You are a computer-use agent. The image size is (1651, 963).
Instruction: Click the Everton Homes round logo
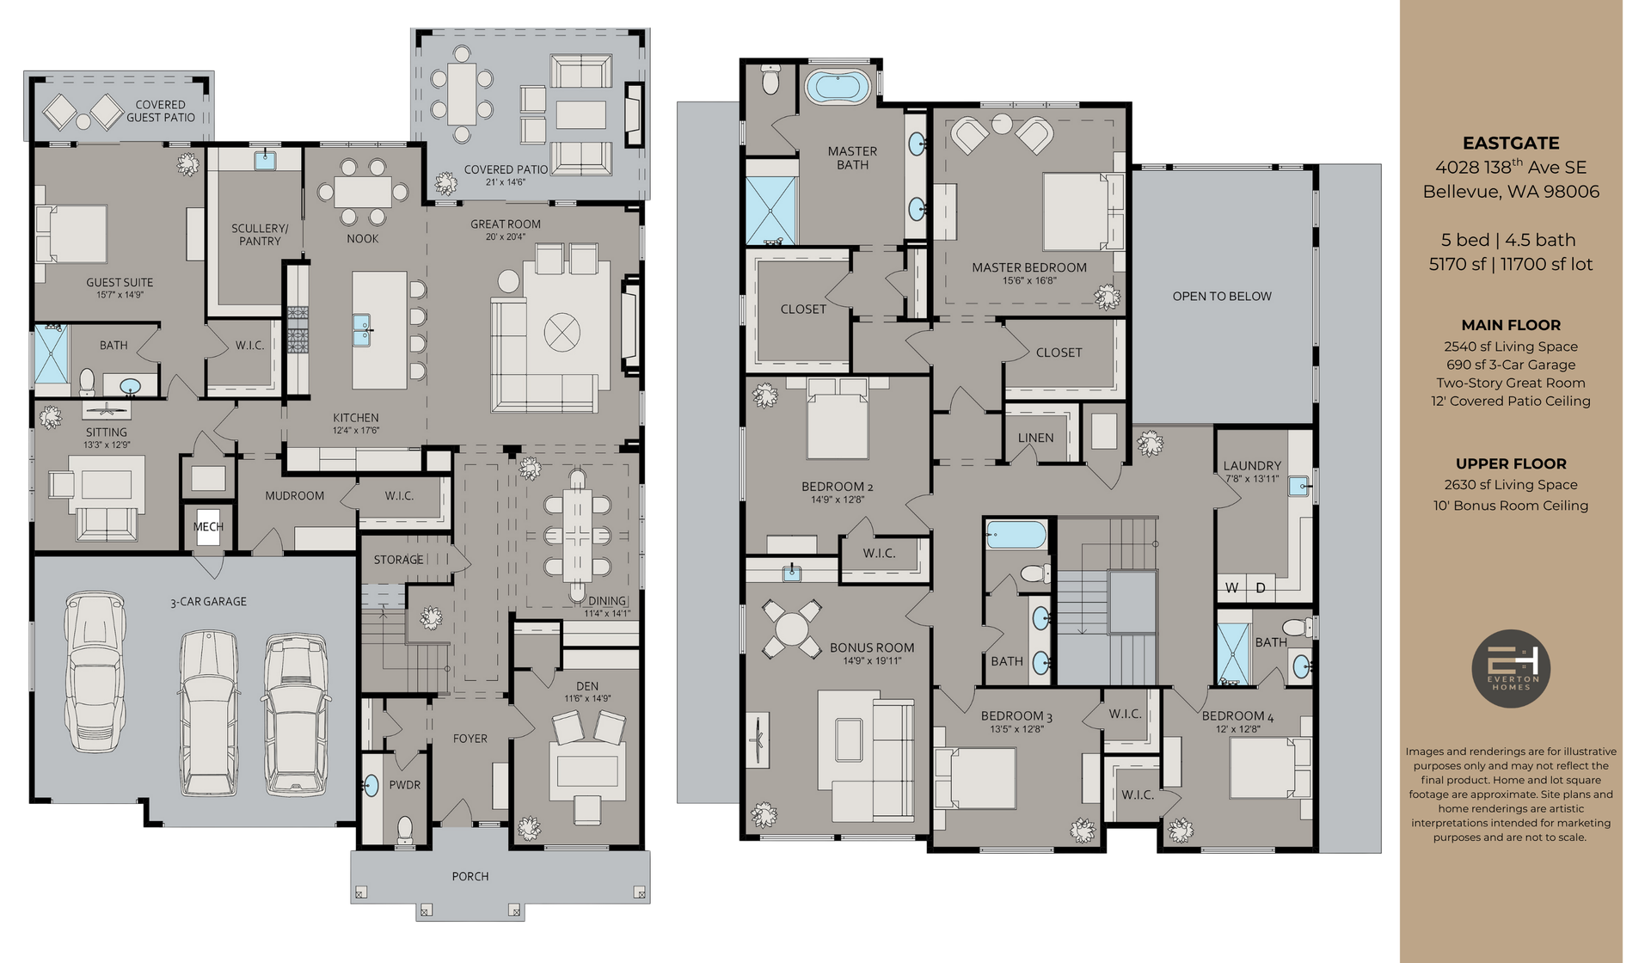pyautogui.click(x=1511, y=669)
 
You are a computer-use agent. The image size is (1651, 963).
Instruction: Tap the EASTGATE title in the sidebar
pyautogui.click(x=1511, y=144)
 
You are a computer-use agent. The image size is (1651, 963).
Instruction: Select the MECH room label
pyautogui.click(x=208, y=526)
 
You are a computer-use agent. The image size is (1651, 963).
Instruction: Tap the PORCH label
pyautogui.click(x=470, y=876)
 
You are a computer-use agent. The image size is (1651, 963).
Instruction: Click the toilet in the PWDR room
pyautogui.click(x=405, y=829)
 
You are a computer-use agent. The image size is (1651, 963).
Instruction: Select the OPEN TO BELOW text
pyautogui.click(x=1221, y=296)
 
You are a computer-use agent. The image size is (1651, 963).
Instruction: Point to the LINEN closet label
pyautogui.click(x=1035, y=438)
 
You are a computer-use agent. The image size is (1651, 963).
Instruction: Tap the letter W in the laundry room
pyautogui.click(x=1232, y=588)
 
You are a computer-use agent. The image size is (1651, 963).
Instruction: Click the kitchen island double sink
pyautogui.click(x=362, y=329)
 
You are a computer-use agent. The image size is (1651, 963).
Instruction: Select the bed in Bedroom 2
pyautogui.click(x=837, y=421)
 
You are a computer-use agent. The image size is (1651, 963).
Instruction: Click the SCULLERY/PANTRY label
pyautogui.click(x=260, y=235)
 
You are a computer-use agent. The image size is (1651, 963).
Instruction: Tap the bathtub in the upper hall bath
pyautogui.click(x=1016, y=534)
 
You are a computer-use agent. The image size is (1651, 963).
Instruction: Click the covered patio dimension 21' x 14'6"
pyautogui.click(x=505, y=182)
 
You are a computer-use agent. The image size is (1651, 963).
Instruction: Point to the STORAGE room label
pyautogui.click(x=398, y=560)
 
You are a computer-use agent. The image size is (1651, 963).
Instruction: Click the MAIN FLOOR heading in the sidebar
pyautogui.click(x=1511, y=325)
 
